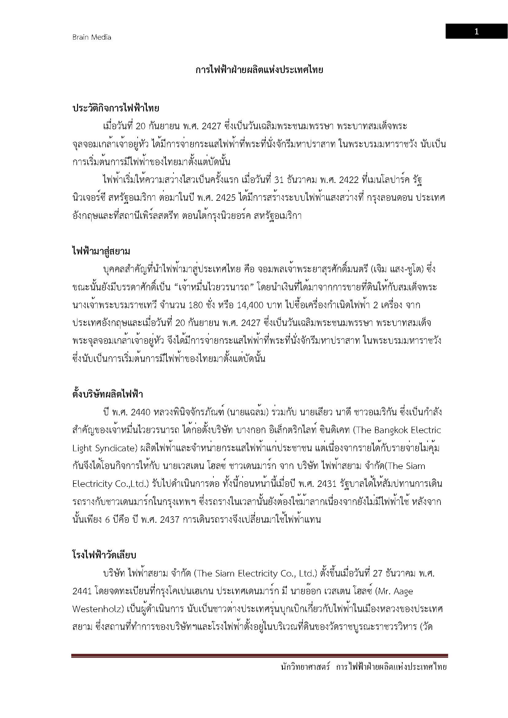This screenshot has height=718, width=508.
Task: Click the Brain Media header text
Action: point(92,37)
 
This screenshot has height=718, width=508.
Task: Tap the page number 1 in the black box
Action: point(476,31)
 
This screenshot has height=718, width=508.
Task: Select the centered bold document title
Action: point(259,70)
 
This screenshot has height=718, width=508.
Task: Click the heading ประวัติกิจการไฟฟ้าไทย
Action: point(116,108)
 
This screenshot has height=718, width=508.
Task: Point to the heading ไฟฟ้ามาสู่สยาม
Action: point(101,251)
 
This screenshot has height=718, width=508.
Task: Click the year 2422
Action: point(348,180)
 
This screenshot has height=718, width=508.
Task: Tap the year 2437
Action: point(169,520)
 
